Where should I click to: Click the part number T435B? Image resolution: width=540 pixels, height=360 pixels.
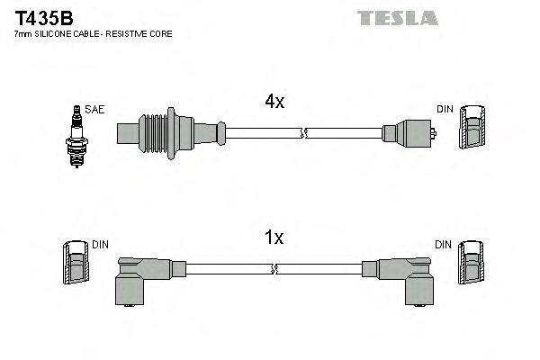click(41, 17)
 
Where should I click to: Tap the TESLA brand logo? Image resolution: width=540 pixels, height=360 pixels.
click(396, 17)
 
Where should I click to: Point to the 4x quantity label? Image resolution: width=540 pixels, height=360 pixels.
click(274, 103)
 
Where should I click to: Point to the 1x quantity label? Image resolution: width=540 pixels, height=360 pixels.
click(274, 238)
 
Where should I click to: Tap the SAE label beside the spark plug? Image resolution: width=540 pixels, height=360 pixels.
click(96, 109)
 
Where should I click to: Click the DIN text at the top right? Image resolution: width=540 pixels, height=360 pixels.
click(445, 109)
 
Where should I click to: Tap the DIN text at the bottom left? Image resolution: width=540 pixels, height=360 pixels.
click(100, 244)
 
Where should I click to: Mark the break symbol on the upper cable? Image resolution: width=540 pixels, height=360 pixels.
click(303, 134)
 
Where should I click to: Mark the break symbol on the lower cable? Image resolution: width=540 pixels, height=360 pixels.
click(274, 268)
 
